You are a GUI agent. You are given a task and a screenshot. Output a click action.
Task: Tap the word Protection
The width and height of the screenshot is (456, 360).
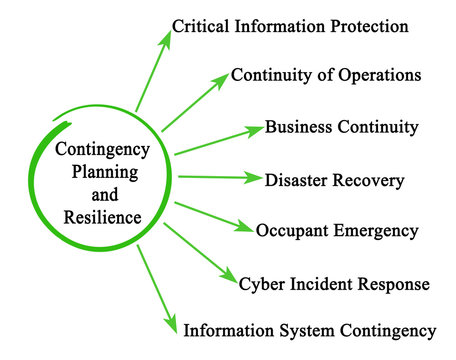tap(364, 26)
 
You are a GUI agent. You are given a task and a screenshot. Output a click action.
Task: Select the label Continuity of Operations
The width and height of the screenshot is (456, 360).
tap(325, 75)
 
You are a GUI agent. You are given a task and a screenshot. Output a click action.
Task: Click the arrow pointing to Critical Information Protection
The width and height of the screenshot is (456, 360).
tap(152, 70)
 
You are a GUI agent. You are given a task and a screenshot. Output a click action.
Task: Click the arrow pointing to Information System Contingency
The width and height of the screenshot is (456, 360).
tap(156, 291)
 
